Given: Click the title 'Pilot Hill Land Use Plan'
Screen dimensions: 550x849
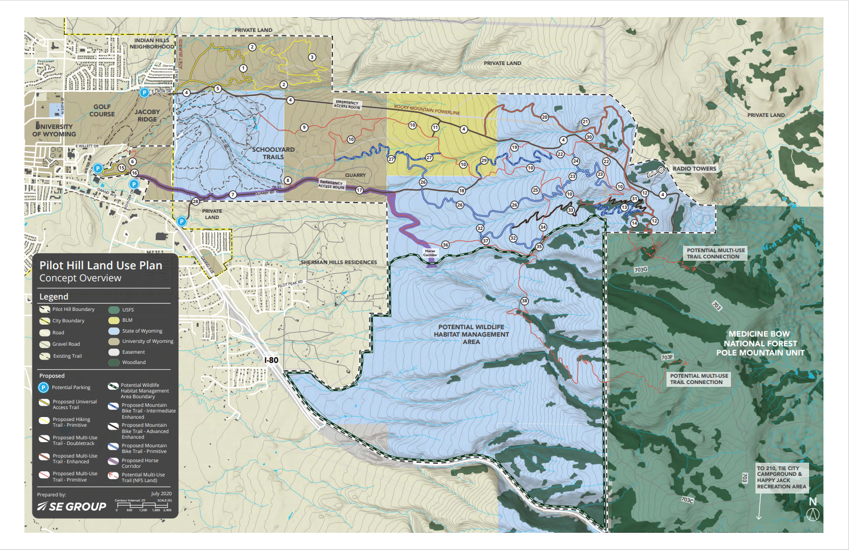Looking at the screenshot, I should point(100,265).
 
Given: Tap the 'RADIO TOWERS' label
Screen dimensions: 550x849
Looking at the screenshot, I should point(694,168).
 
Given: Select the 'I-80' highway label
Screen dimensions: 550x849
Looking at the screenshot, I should point(271,360).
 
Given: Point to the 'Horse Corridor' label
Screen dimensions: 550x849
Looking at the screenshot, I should point(430,253).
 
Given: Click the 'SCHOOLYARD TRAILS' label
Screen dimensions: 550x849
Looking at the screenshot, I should point(273,153).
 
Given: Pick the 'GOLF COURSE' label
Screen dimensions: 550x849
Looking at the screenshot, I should point(102,110).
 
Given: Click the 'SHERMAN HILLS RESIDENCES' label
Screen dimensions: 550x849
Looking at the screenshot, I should point(339,262).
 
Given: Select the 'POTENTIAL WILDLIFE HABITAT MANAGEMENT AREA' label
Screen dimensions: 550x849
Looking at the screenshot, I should point(471,334).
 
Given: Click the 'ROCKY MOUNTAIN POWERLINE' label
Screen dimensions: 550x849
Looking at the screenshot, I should point(426,110).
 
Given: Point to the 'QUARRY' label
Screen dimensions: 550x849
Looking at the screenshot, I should point(355,175).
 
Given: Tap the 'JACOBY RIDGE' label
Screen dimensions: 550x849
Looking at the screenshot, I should point(147,115).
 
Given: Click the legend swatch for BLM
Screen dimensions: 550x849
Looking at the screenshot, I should point(114,320).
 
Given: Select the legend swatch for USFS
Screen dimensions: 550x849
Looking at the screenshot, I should point(114,310).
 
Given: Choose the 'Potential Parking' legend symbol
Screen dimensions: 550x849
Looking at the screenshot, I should point(43,387).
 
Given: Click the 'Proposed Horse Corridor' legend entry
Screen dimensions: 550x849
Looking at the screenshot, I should point(140,463).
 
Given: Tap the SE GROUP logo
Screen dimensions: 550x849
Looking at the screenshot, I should point(72,507).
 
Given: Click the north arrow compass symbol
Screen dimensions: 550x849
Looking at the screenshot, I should point(813,513).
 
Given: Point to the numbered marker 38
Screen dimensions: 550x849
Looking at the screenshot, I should point(524,301).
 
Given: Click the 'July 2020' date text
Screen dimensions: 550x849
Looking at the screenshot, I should point(161,494).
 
